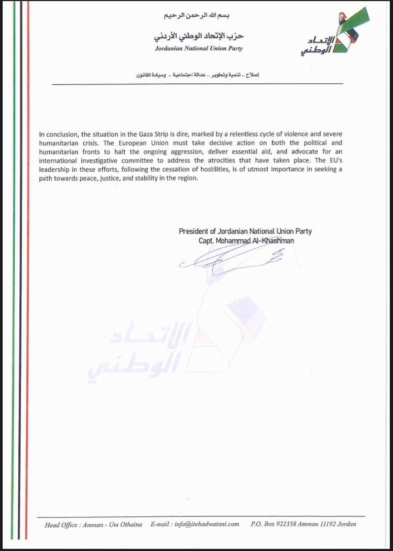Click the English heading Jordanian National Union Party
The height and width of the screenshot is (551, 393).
point(199,49)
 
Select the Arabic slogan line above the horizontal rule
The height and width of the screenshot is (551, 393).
point(198,75)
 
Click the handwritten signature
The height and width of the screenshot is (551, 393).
point(231,257)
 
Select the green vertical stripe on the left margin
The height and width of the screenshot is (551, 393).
point(12,262)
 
